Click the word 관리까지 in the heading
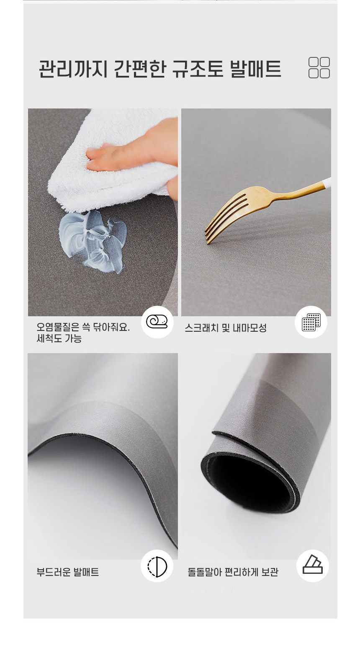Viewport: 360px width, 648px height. click(x=73, y=69)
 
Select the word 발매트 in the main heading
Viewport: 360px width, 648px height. click(x=256, y=69)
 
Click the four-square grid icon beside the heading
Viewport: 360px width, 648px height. click(x=319, y=68)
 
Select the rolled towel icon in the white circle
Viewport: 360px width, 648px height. click(x=157, y=322)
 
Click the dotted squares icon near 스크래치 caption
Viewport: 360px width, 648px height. click(x=311, y=322)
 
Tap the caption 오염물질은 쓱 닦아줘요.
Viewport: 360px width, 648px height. click(x=83, y=327)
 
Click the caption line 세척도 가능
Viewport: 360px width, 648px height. click(x=59, y=338)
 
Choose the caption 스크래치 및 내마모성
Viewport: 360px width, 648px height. click(x=226, y=328)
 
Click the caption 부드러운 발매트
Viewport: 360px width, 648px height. click(x=68, y=572)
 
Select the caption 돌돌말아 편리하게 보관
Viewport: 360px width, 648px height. click(x=233, y=572)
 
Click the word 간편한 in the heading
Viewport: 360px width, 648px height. click(x=140, y=69)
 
